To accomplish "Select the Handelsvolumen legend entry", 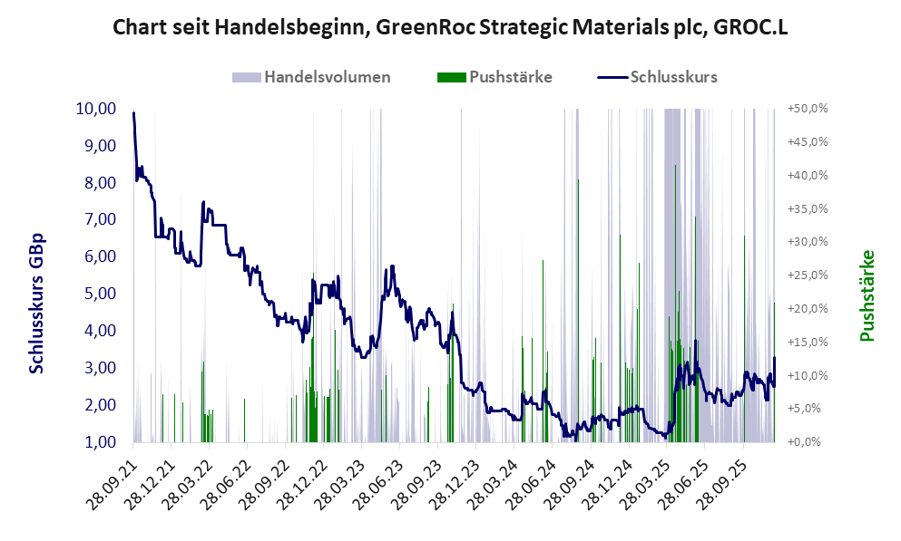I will [327, 77].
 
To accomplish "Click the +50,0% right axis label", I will [808, 109].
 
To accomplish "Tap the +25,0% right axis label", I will [808, 275].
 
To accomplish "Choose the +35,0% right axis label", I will [808, 208].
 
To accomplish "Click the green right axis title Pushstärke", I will [867, 296].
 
